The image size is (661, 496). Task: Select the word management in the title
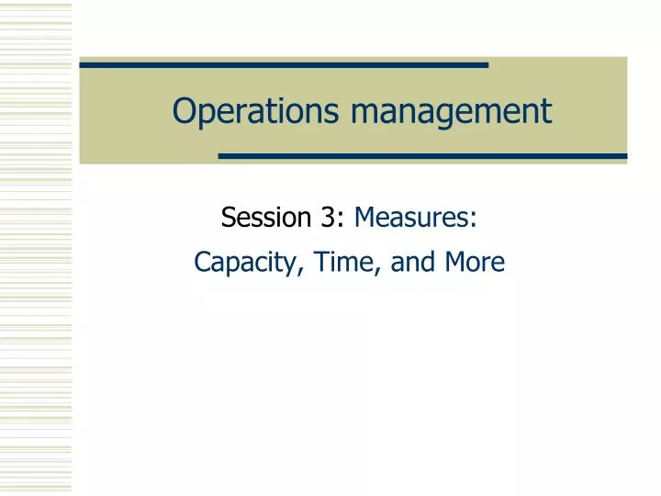pos(452,111)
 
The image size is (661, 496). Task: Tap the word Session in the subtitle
pos(267,218)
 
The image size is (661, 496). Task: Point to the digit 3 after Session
pos(328,218)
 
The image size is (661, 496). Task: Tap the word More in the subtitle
pos(475,262)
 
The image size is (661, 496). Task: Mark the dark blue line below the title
pos(422,156)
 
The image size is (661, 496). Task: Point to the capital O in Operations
pos(184,111)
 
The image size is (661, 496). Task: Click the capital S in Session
pos(229,218)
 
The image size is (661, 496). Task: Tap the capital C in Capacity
pos(202,262)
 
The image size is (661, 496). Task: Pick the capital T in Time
pos(320,262)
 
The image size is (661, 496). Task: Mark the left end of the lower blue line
pos(221,156)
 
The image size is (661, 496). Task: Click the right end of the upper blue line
pos(486,65)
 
